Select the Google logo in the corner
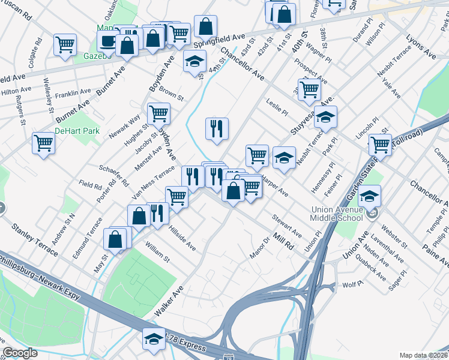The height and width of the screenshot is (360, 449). click(20, 353)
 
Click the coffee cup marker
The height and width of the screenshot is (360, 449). click(108, 41)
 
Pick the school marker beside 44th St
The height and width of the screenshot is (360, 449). click(194, 62)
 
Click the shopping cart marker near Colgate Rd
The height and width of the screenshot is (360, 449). click(65, 45)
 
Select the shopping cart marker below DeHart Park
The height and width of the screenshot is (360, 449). click(44, 143)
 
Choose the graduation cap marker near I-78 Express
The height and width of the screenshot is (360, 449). click(154, 339)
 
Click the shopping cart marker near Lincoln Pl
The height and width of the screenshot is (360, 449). click(380, 144)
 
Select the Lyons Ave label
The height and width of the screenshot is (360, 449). click(421, 46)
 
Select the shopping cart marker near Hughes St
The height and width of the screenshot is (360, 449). click(158, 113)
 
